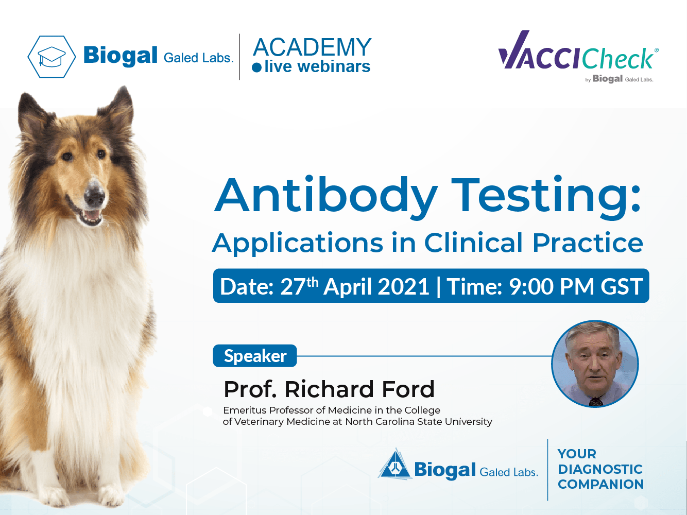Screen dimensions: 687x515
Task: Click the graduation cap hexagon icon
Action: [x=51, y=57]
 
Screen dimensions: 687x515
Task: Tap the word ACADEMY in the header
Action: [x=312, y=47]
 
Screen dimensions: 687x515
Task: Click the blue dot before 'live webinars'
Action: [x=256, y=67]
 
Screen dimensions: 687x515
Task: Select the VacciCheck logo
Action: [x=578, y=56]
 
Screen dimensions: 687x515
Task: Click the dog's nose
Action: [x=94, y=194]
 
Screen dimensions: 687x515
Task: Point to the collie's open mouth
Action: [x=90, y=216]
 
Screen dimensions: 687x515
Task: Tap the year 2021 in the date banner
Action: [x=403, y=286]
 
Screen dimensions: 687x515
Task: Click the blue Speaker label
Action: [x=255, y=356]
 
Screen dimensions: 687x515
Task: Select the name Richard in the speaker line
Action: [x=329, y=389]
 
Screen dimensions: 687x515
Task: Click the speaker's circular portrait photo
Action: [x=595, y=364]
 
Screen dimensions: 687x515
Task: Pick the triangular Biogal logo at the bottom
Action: [x=395, y=464]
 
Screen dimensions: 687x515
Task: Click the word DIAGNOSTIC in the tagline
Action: [x=600, y=469]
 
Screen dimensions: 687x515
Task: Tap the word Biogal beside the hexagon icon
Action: [x=120, y=56]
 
